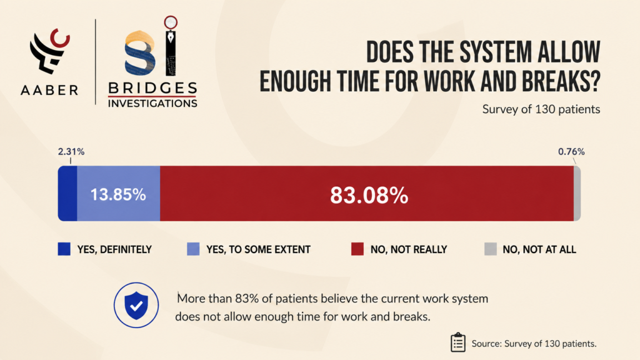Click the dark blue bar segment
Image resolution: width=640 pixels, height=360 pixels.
click(x=67, y=194)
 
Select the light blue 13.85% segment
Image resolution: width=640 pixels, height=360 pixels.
click(x=118, y=194)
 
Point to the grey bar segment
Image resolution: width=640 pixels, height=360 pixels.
click(x=577, y=194)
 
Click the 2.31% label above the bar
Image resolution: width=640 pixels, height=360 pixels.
click(x=71, y=152)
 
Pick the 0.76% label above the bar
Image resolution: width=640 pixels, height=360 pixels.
click(x=571, y=152)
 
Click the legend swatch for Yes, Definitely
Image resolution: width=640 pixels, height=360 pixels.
click(x=64, y=249)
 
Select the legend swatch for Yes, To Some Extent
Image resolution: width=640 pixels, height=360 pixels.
click(x=193, y=249)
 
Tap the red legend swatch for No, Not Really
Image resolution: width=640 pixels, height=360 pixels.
click(x=357, y=249)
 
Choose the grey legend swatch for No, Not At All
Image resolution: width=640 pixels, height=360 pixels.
click(x=490, y=249)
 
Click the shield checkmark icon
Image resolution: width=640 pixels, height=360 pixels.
click(x=136, y=305)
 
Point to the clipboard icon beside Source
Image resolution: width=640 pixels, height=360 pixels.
click(x=458, y=342)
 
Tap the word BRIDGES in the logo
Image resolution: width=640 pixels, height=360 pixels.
click(x=152, y=88)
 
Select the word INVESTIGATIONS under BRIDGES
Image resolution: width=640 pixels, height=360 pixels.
click(x=152, y=104)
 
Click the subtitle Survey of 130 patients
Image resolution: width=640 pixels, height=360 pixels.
click(x=541, y=109)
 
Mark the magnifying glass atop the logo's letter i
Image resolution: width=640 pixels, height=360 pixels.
click(x=171, y=22)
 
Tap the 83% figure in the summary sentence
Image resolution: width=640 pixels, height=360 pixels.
click(x=247, y=299)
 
